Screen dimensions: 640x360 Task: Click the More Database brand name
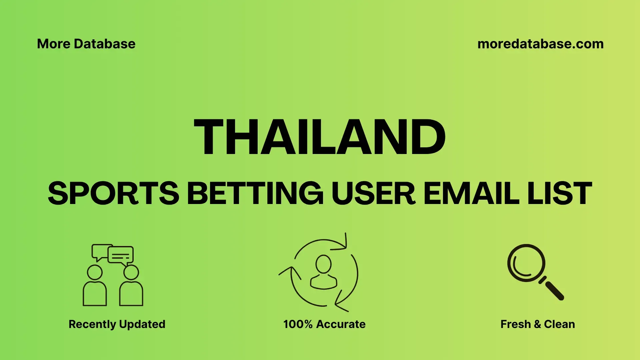click(86, 44)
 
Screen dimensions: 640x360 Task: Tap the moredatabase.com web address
click(540, 44)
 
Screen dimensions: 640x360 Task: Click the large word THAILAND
click(320, 137)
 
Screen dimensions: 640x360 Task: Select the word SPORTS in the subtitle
click(113, 193)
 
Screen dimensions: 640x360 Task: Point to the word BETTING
click(255, 193)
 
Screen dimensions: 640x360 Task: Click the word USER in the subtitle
click(373, 193)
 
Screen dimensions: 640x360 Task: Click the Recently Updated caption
click(117, 324)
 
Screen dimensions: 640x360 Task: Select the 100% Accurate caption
click(324, 324)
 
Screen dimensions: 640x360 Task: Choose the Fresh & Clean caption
click(538, 324)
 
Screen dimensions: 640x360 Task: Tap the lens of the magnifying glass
click(526, 263)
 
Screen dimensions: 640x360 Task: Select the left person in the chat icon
click(95, 286)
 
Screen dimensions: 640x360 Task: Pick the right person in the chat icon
click(131, 286)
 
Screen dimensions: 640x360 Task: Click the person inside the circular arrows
click(323, 272)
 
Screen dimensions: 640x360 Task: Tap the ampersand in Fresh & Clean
click(537, 324)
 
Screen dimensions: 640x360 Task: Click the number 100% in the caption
click(298, 324)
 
